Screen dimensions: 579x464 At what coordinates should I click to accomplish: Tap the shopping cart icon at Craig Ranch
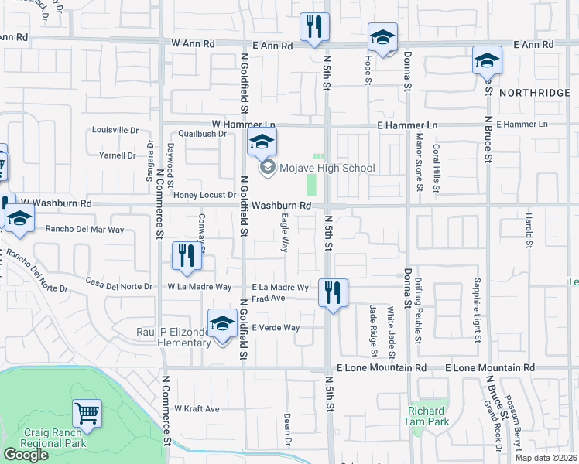coord(87,415)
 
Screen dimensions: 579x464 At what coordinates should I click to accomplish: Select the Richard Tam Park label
coord(426,416)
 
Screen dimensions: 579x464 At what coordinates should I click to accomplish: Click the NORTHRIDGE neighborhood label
coord(534,93)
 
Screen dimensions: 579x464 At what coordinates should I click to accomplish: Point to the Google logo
coord(26,455)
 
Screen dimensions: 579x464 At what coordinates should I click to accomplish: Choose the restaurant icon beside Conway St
coord(186,257)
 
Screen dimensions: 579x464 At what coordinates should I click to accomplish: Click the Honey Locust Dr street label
coord(204,195)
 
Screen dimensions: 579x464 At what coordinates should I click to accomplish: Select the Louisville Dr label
coord(115,130)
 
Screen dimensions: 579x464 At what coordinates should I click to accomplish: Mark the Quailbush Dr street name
coord(201,133)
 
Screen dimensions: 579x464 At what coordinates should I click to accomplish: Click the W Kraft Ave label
coord(197,408)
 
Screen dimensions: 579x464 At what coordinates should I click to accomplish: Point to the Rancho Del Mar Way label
coord(85,230)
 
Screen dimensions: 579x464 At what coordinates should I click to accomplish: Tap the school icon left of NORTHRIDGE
coord(487,61)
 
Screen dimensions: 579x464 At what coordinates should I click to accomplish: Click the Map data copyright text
coord(546,458)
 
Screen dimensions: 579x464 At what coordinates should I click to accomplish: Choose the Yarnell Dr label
coord(118,155)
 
